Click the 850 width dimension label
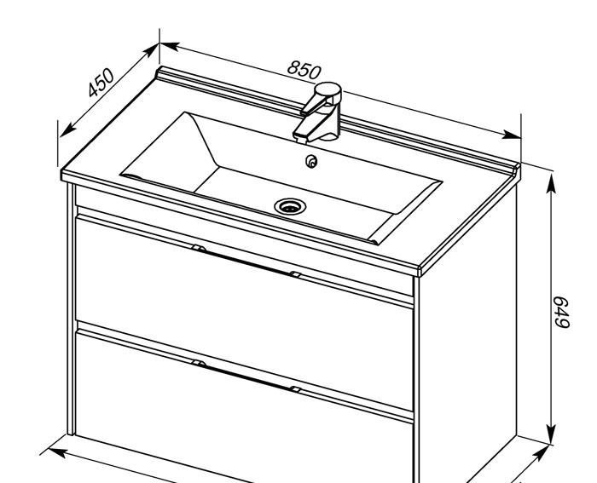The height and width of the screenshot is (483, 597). click(x=304, y=70)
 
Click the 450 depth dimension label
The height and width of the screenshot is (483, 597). click(x=101, y=83)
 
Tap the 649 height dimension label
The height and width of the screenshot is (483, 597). click(x=561, y=312)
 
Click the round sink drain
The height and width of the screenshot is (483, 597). click(x=290, y=206)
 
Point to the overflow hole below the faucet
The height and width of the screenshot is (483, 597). click(x=311, y=162)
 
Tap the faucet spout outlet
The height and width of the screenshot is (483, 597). click(x=301, y=140)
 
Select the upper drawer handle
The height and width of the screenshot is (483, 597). click(x=246, y=261)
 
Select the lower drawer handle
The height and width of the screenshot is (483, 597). click(x=246, y=376)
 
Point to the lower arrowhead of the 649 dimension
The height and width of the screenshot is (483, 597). click(x=551, y=434)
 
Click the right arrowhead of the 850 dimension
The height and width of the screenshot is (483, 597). click(x=512, y=135)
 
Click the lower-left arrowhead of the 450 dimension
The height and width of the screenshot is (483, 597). click(x=67, y=130)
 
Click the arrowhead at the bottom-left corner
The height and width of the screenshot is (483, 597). click(x=58, y=452)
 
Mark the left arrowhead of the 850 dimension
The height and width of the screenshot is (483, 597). click(x=169, y=46)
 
